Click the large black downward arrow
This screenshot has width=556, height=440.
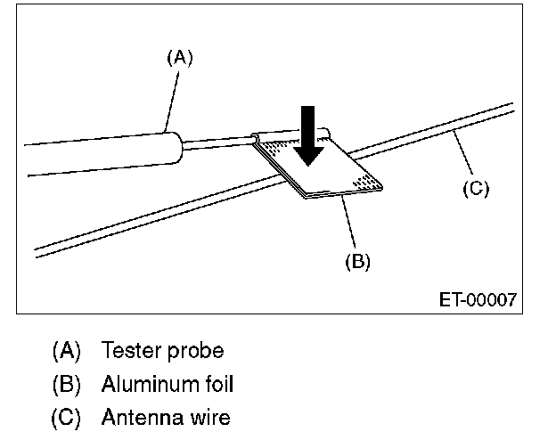[x=308, y=134]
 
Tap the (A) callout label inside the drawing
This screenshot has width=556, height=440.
[x=179, y=58]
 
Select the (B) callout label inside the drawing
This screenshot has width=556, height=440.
[x=356, y=262]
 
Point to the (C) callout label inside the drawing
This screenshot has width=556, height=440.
[x=476, y=189]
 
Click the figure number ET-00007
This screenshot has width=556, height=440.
[x=478, y=300]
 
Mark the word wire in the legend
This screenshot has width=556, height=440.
[x=206, y=416]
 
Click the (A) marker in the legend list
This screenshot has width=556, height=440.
[x=66, y=351]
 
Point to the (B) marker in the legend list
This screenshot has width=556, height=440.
[x=66, y=383]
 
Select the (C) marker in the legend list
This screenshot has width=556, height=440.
[x=66, y=416]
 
